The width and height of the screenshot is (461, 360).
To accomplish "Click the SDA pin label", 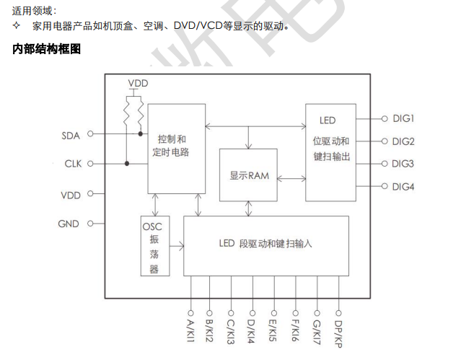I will [x=70, y=134].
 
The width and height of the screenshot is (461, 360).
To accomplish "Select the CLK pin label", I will [x=72, y=164].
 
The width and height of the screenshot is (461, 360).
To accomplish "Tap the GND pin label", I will [x=69, y=224].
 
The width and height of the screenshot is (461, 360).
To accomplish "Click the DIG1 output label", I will [x=403, y=118].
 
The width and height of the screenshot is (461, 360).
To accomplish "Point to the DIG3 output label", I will [x=403, y=164].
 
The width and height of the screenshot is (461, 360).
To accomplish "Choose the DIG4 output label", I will [x=403, y=187].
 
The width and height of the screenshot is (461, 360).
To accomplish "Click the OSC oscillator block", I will [x=154, y=245].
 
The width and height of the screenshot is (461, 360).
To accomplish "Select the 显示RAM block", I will [x=249, y=175].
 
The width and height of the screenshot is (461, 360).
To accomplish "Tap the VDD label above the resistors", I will [x=138, y=84].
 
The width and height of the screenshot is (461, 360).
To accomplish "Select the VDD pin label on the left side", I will [x=71, y=195].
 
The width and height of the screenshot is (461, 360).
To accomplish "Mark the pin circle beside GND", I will [x=90, y=224].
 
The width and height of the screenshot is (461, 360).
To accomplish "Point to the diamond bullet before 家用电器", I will [x=17, y=26].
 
